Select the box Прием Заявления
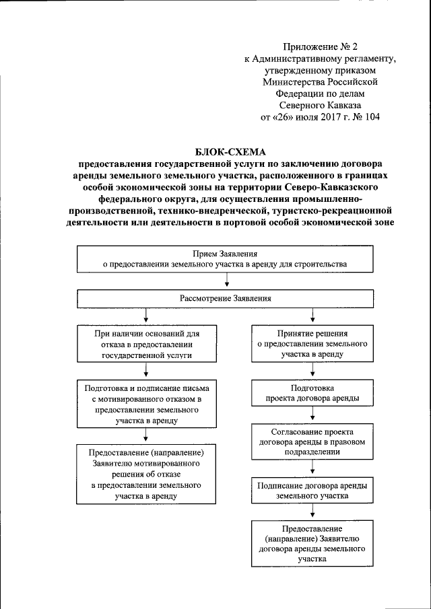(x=225, y=259)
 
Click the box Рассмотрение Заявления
(x=225, y=297)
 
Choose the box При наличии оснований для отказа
(x=146, y=343)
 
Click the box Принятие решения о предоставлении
(x=312, y=343)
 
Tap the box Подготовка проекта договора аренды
(x=312, y=394)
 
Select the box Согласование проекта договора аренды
(x=312, y=442)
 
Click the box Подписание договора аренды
(x=312, y=490)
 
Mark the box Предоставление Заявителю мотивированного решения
(x=146, y=474)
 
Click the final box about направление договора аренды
(x=312, y=544)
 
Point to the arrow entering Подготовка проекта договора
(x=312, y=373)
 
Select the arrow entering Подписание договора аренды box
(x=312, y=469)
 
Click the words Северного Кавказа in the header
(x=320, y=106)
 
